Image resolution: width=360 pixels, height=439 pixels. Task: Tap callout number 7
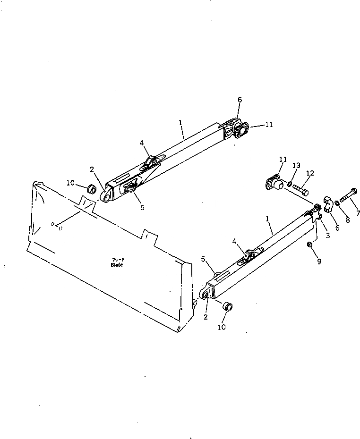tap(357, 213)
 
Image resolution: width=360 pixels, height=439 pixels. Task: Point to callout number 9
tap(319, 261)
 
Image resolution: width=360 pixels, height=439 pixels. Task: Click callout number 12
tap(310, 174)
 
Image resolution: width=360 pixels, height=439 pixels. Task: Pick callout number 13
tap(296, 165)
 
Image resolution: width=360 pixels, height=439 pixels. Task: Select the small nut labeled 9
tap(309, 244)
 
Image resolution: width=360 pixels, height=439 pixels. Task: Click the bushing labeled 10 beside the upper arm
tap(90, 190)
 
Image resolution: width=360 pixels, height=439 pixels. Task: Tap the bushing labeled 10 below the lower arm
tap(228, 306)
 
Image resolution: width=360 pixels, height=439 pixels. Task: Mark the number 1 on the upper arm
tap(180, 122)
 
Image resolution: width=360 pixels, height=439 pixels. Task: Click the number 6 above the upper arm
tap(240, 100)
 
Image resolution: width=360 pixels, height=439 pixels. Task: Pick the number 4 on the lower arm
tap(235, 241)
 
